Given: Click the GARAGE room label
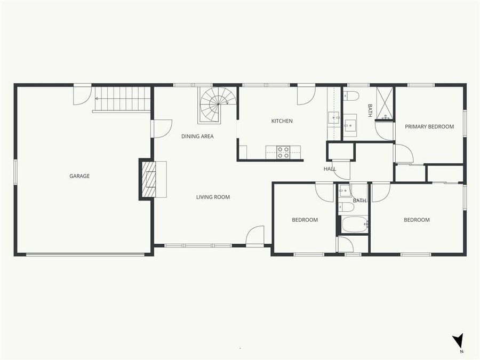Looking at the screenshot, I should point(79,176).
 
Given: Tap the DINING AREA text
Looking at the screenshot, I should point(197,137).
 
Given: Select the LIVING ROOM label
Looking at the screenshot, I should point(213,197).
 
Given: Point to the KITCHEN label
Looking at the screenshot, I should point(282,121).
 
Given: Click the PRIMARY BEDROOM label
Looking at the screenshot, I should point(429,127).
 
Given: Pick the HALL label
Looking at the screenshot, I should point(330,169).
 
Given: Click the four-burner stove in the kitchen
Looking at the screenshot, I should point(283,153).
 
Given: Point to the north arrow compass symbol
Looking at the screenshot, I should point(458,342).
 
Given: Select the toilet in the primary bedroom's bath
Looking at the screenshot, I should point(351,96).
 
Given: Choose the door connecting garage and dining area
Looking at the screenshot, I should point(162,129).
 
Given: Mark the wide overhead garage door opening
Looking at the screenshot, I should point(85,254).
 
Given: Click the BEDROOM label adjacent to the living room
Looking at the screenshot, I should point(305,220).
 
